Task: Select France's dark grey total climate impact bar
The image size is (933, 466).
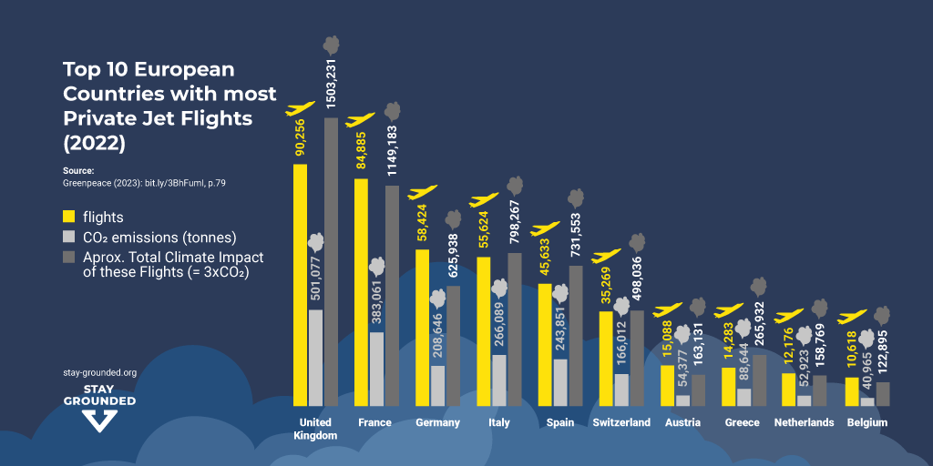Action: [x=392, y=295]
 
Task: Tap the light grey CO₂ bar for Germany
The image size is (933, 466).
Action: [x=437, y=385]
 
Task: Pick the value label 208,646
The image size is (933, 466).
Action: [x=437, y=336]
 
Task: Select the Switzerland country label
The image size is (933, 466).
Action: [x=621, y=422]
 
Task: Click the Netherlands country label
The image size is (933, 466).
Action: [x=804, y=422]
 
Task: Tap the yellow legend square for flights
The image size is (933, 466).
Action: [x=68, y=218]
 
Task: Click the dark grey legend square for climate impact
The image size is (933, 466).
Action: [x=68, y=258]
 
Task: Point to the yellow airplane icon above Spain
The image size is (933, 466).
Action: [x=545, y=228]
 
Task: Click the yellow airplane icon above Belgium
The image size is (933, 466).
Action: [x=852, y=318]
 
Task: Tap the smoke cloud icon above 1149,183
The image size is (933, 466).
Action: [x=393, y=112]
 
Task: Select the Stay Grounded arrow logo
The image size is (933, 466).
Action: [x=99, y=420]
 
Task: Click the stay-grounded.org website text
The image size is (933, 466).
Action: [x=99, y=372]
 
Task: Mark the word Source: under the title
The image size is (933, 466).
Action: [x=79, y=170]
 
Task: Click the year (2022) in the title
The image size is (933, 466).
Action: [x=94, y=143]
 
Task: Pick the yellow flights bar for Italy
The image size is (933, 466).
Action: [x=484, y=330]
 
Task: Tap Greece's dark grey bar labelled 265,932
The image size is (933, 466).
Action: [x=759, y=380]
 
